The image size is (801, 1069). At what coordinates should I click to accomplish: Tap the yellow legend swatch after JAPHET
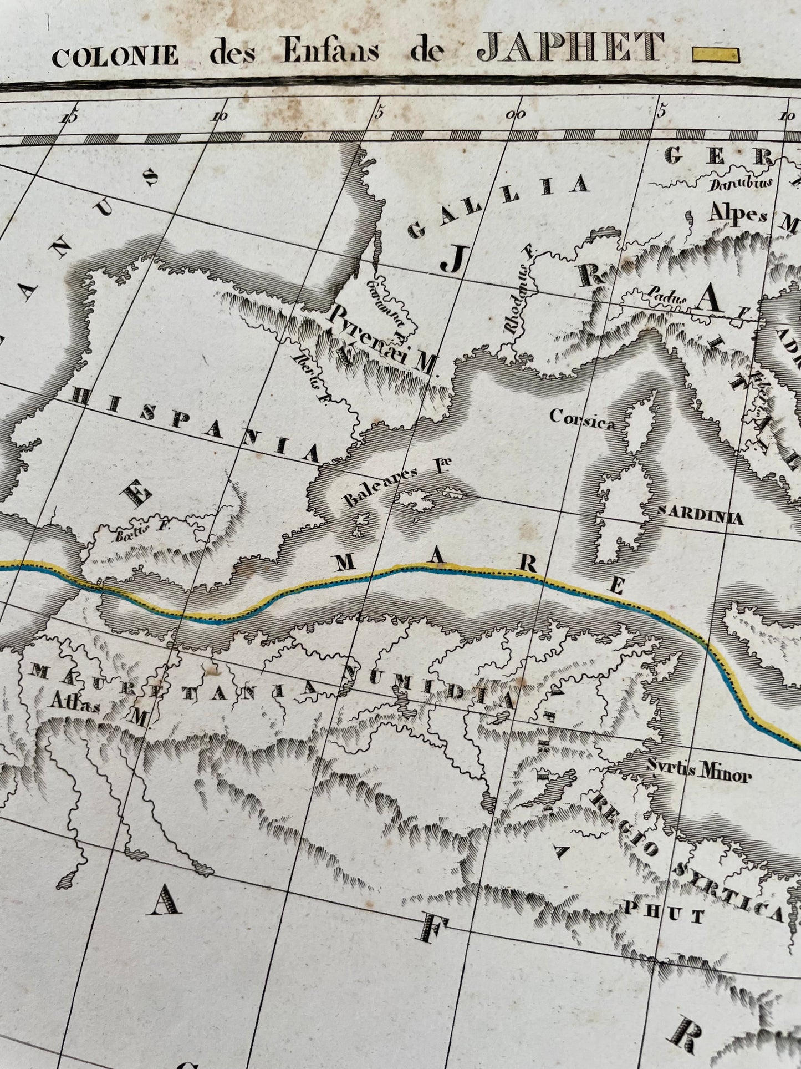(716, 54)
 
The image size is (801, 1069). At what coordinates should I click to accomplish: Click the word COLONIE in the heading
(115, 56)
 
